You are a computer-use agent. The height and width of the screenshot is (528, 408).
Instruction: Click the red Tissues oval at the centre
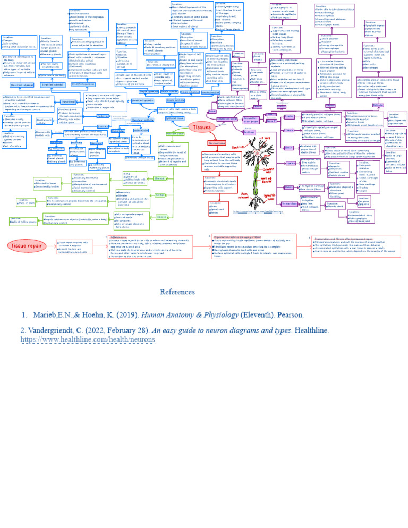[201, 127]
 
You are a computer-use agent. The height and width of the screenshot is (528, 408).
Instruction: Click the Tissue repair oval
[29, 245]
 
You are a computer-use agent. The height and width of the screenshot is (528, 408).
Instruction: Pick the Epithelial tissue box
[174, 118]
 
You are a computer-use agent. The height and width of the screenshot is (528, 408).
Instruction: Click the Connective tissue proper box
[250, 120]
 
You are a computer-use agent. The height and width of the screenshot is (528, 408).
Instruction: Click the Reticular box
[378, 105]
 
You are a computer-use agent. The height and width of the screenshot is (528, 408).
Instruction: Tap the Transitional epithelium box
[68, 101]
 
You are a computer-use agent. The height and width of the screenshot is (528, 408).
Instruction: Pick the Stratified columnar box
[21, 84]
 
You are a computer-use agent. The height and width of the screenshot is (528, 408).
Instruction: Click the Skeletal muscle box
[159, 178]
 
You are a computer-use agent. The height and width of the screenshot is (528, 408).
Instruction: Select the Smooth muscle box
[161, 217]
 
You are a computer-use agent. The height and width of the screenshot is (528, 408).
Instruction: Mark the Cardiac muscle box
[160, 195]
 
